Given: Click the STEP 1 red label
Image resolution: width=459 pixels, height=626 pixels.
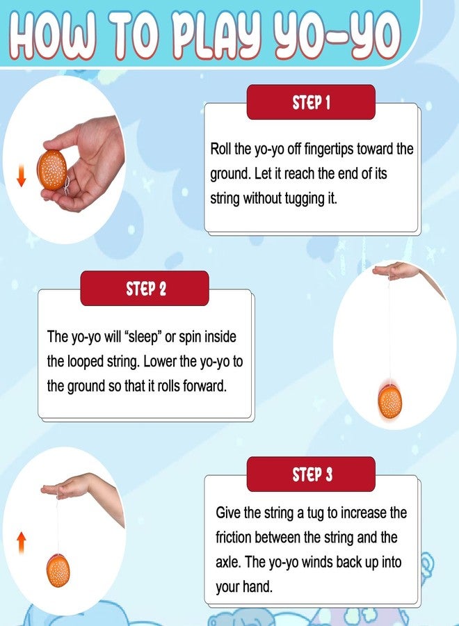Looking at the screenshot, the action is [311, 102].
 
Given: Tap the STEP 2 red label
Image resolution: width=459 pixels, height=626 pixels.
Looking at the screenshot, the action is [145, 288].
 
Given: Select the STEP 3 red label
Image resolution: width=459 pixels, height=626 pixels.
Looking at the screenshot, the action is [311, 474].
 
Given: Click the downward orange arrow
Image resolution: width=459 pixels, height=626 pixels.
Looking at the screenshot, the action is [21, 175].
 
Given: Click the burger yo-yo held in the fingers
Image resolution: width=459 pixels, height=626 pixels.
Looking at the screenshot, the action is [52, 170].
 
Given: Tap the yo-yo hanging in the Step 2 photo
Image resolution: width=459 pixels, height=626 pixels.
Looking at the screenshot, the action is [390, 401].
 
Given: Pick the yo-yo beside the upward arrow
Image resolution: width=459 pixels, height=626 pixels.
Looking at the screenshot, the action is [58, 570].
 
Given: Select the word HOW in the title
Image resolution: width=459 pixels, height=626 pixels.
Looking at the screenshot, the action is [53, 36].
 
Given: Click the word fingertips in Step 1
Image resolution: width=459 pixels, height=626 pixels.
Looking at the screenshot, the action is [329, 150].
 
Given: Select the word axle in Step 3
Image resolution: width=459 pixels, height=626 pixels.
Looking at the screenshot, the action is [228, 562].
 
